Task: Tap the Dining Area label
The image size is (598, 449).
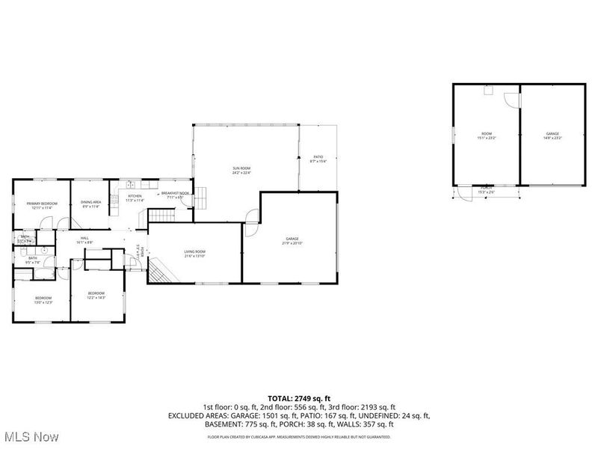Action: [91, 204]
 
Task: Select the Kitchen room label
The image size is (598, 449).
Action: [135, 198]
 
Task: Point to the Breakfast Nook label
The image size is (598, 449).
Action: [176, 195]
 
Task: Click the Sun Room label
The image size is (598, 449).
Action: [241, 171]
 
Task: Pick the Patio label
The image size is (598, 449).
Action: [318, 159]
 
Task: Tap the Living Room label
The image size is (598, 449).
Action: [195, 254]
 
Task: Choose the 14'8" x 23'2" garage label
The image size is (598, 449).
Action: [552, 136]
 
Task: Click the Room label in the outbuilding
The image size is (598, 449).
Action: [487, 136]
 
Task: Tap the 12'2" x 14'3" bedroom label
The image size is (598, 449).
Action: [96, 295]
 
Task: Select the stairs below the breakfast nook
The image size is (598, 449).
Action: [161, 216]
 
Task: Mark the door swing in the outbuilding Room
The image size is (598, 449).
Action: [511, 100]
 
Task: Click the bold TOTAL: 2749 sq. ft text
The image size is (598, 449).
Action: [298, 398]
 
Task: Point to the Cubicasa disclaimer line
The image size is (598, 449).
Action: [298, 436]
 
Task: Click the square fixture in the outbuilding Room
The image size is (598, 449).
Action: [487, 91]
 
